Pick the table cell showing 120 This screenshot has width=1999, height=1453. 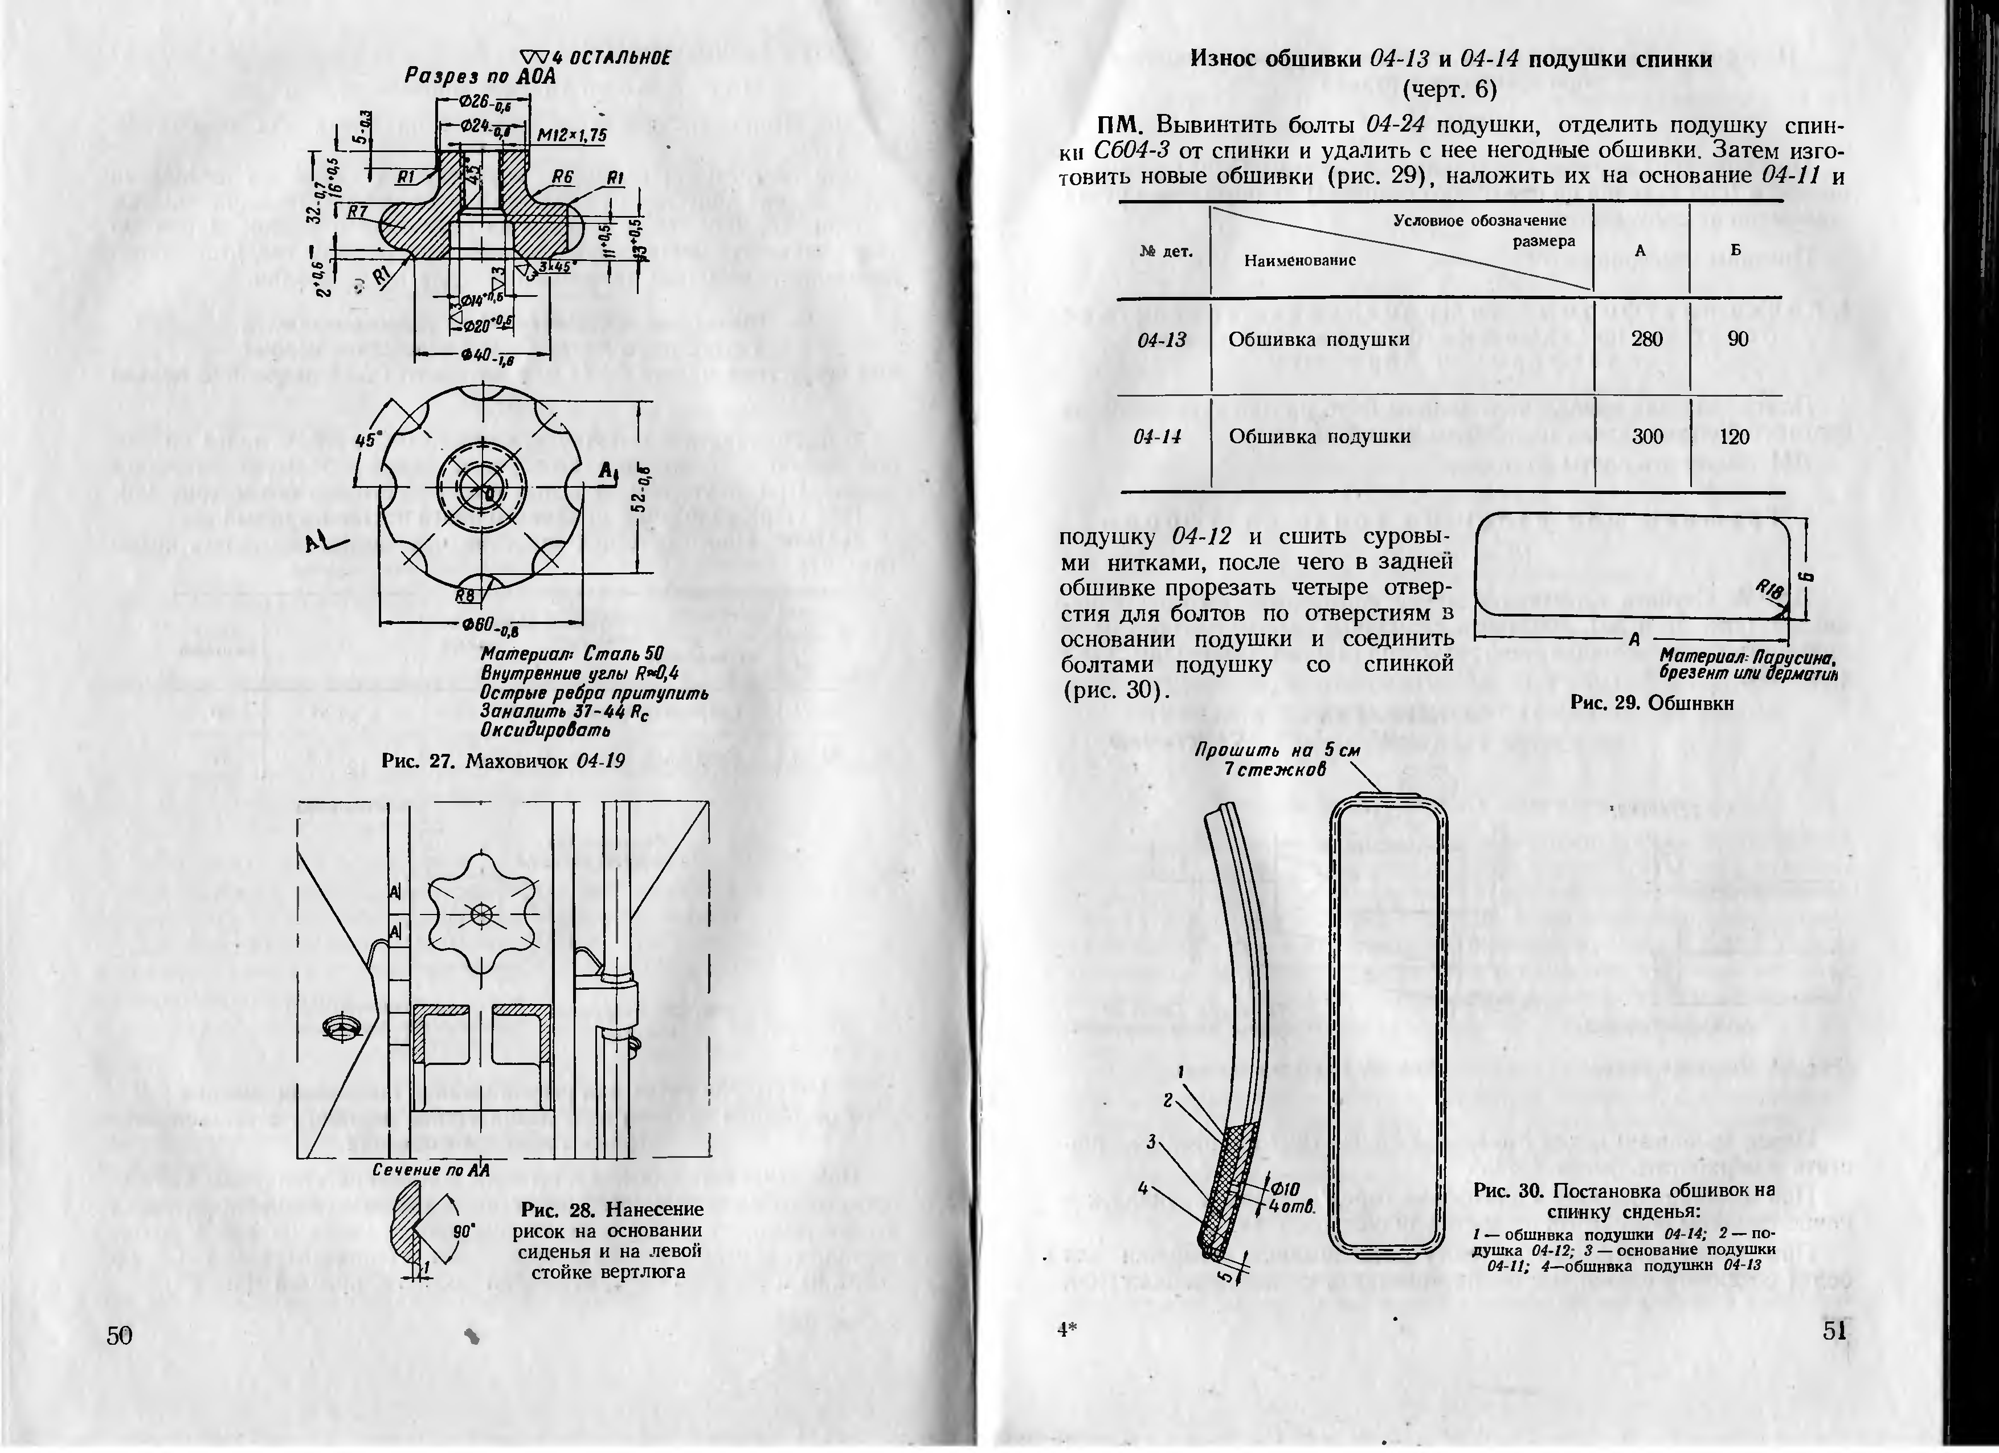(x=1734, y=436)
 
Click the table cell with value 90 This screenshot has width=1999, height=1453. (x=1737, y=338)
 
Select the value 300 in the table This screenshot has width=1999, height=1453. (x=1646, y=436)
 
